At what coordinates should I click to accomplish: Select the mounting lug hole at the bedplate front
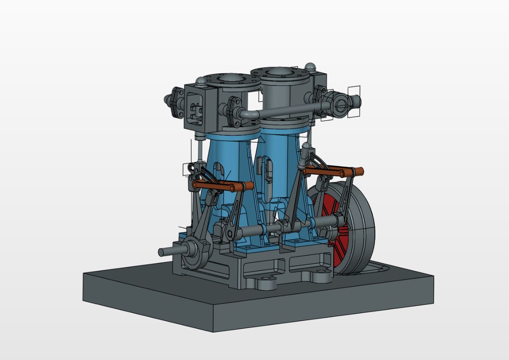[268, 284]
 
